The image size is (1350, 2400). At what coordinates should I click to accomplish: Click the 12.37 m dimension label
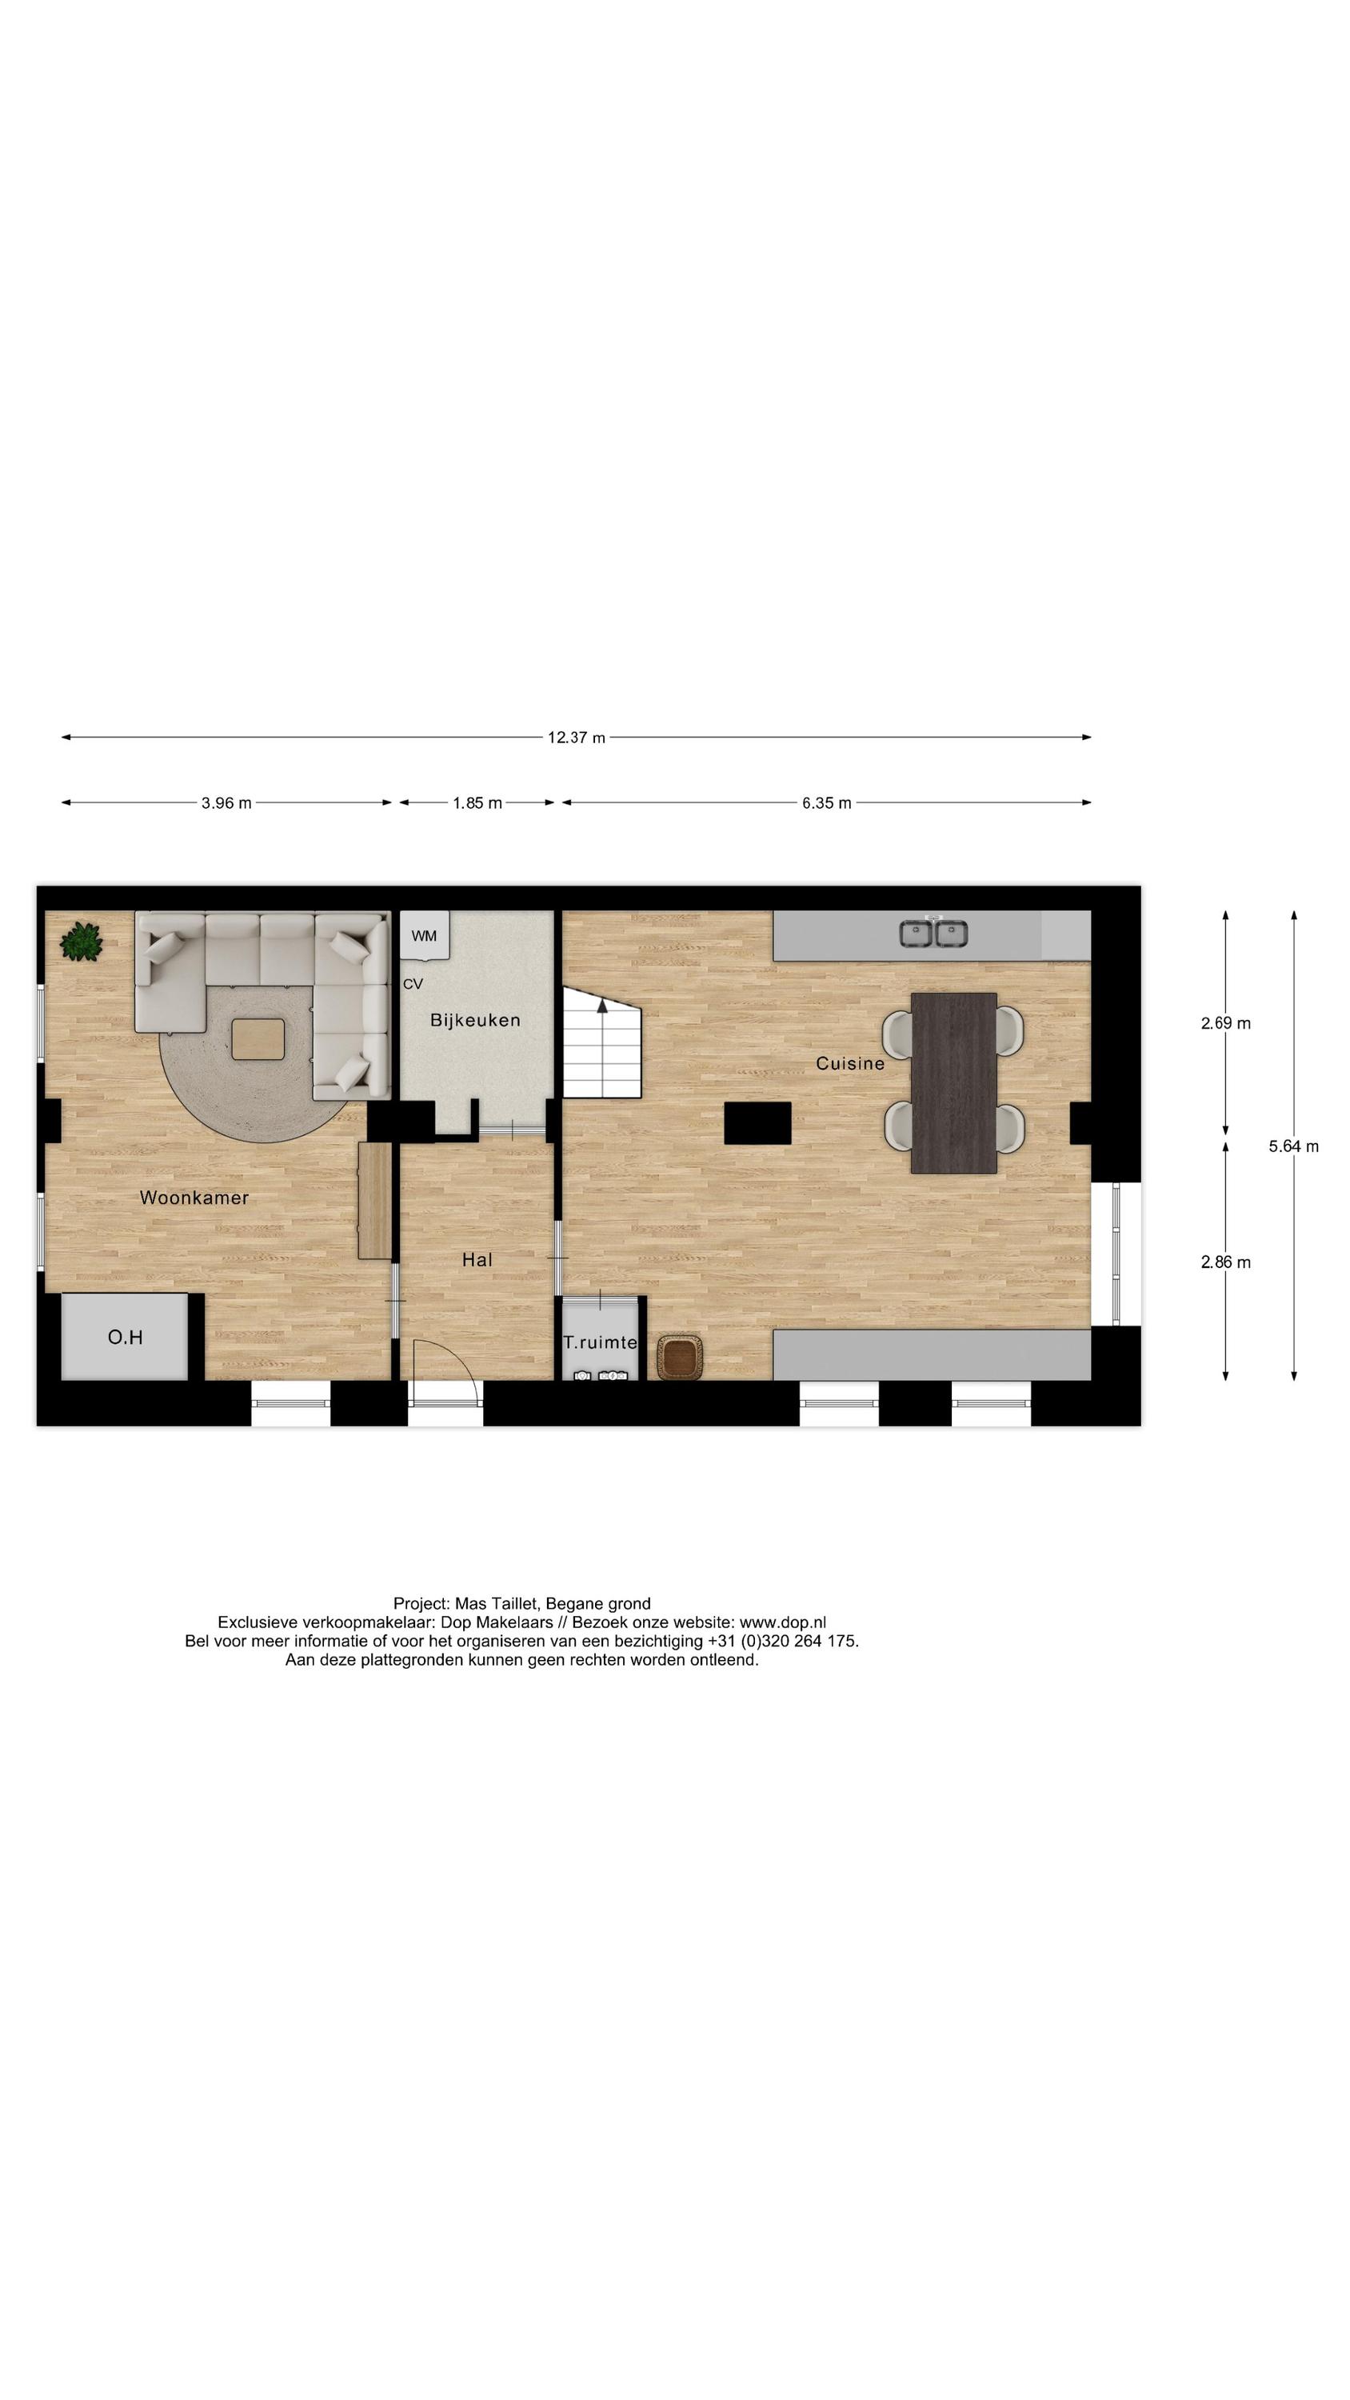pos(576,738)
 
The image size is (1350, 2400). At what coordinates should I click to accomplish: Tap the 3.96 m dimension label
pos(226,803)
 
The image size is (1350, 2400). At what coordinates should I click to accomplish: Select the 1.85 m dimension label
pos(477,803)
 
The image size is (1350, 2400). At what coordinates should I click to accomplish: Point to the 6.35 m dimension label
pos(826,803)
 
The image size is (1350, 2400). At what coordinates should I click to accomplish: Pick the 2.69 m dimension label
pos(1225,1023)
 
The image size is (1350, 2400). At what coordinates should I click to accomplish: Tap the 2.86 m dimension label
pos(1225,1262)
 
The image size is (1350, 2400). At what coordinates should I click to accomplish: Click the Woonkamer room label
pos(194,1198)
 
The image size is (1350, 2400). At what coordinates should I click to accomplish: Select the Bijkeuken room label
pos(475,1020)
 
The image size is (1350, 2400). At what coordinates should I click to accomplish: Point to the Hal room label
pos(477,1260)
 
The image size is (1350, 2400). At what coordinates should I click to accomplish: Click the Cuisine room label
pos(849,1063)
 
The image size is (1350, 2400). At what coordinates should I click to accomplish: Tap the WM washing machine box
pos(424,935)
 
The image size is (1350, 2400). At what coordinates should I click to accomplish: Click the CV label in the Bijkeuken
pos(413,984)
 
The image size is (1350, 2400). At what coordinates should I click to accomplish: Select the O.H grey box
pos(125,1337)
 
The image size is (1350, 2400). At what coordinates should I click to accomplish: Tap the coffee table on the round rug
pos(258,1039)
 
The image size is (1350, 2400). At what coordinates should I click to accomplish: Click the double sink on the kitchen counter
pos(933,933)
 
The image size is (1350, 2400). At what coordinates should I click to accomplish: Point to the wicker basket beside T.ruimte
pos(680,1357)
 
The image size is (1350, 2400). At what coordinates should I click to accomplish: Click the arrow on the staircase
pos(603,1006)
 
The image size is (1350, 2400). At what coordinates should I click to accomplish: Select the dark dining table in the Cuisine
pos(953,1082)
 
